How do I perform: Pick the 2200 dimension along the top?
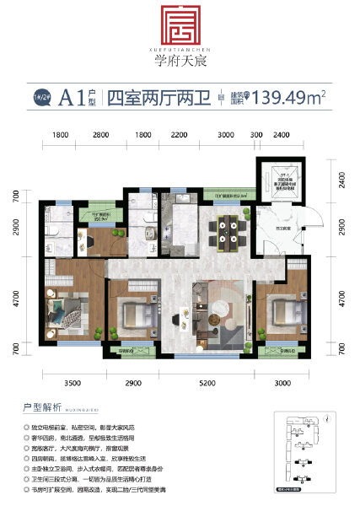tap(179, 136)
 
